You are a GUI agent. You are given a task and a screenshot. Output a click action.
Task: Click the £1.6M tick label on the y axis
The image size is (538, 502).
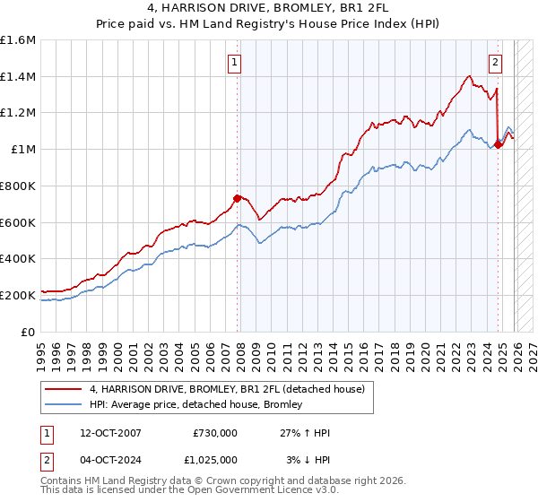(x=18, y=40)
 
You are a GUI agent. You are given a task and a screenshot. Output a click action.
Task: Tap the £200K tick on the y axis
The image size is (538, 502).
(x=18, y=294)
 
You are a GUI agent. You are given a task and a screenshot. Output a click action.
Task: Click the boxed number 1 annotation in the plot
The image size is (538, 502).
(x=234, y=62)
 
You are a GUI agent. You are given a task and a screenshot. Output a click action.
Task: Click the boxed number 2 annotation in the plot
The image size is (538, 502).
(x=495, y=62)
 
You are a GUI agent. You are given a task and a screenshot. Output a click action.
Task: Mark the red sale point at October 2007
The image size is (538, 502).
(x=238, y=198)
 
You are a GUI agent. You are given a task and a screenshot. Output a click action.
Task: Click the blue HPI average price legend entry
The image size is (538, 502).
(x=195, y=405)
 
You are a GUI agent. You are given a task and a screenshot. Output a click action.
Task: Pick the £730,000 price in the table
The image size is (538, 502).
(x=214, y=433)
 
